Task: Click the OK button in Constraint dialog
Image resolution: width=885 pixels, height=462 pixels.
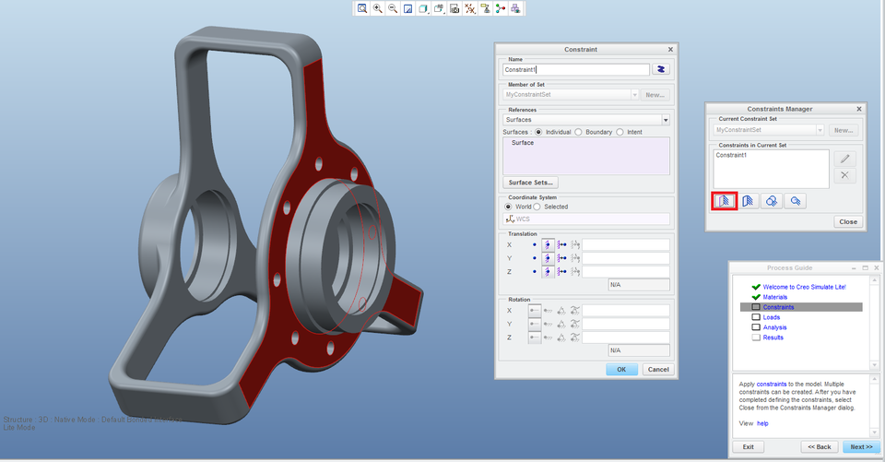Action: [x=621, y=369]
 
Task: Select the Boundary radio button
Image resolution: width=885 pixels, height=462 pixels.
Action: [x=578, y=132]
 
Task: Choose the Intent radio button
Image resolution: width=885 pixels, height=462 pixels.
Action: [x=619, y=132]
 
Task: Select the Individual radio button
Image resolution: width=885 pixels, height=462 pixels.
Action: [x=539, y=132]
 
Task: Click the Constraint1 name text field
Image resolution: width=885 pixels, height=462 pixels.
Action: [x=575, y=69]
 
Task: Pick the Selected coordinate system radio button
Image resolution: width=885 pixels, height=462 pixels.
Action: [x=538, y=207]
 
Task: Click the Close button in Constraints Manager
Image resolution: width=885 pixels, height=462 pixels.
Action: [x=847, y=221]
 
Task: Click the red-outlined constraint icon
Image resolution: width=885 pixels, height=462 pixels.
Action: [x=725, y=200]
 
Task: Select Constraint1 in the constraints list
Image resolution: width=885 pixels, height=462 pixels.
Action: [x=732, y=156]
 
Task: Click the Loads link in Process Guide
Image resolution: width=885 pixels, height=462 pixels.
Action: [x=771, y=317]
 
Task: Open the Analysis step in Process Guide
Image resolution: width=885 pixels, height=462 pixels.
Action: [x=774, y=327]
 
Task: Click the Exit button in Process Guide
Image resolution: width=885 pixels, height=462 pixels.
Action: [x=748, y=446]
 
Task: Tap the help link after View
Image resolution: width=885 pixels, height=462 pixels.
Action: [x=761, y=423]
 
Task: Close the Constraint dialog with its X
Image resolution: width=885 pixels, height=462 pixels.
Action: [x=670, y=49]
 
